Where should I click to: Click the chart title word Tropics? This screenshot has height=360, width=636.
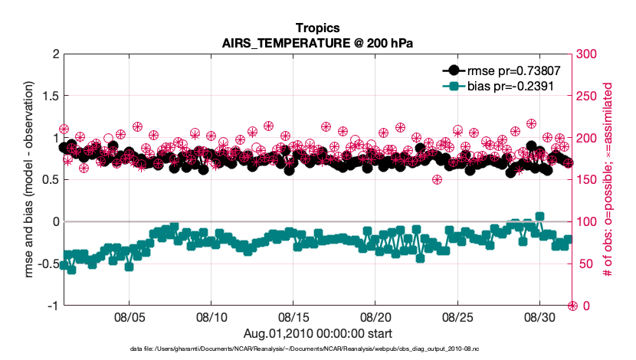[317, 30]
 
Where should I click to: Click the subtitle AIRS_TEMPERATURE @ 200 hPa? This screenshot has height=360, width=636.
[317, 44]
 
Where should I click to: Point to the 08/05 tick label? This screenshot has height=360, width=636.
[129, 316]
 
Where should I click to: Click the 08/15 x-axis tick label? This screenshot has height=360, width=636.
[293, 316]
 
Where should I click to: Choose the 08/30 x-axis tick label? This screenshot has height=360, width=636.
[539, 316]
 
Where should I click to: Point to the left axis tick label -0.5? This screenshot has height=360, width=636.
[46, 263]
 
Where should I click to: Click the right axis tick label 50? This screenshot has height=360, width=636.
[584, 263]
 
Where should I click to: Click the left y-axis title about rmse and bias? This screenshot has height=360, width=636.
[29, 179]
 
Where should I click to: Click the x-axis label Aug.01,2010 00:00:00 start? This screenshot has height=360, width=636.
[318, 333]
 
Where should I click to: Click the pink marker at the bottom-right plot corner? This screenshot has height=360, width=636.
[572, 306]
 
